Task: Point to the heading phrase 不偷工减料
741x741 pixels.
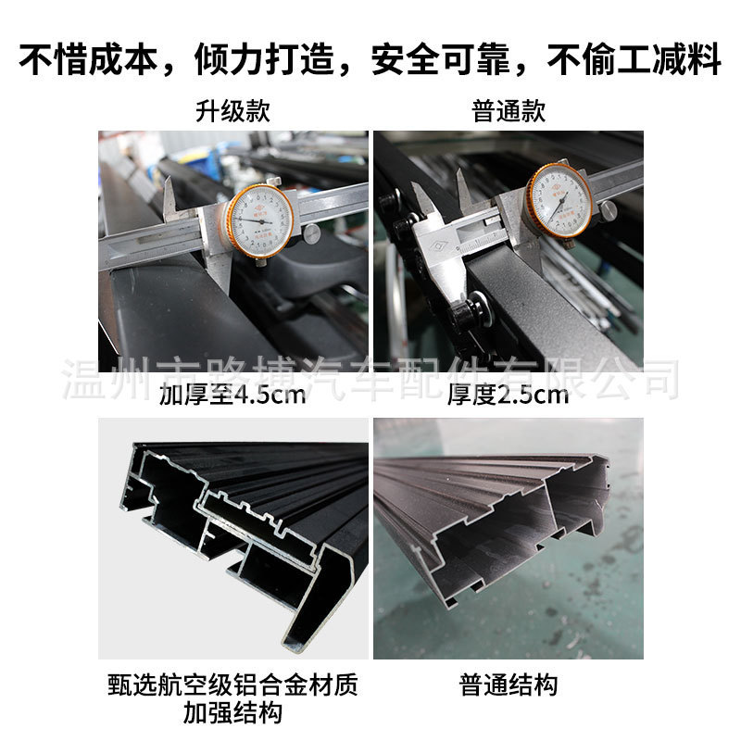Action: (633, 60)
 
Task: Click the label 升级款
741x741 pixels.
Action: (232, 112)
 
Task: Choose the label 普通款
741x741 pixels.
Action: (509, 112)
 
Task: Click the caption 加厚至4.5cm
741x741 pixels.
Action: (232, 397)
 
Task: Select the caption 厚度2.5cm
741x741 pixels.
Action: (508, 397)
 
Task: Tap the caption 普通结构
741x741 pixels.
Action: (509, 686)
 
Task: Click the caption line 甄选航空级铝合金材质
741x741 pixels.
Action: (232, 686)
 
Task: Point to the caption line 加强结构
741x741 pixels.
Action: (232, 714)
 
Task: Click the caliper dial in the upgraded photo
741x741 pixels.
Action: (260, 221)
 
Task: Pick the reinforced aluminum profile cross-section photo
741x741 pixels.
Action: (232, 538)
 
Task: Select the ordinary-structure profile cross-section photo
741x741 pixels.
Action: (508, 538)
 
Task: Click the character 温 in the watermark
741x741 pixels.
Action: (77, 379)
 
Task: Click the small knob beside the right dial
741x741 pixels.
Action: (608, 210)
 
